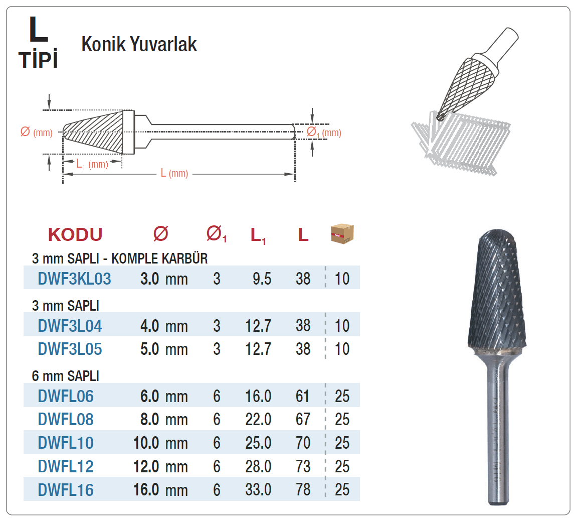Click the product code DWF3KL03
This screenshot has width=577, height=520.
pyautogui.click(x=74, y=279)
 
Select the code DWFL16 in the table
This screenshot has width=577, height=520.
pyautogui.click(x=66, y=490)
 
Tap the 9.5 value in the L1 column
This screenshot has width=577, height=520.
pyautogui.click(x=262, y=279)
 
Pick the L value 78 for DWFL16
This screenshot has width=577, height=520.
pyautogui.click(x=303, y=489)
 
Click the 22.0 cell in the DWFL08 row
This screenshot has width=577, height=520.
pyautogui.click(x=258, y=419)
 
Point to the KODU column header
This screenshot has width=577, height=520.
pyautogui.click(x=75, y=235)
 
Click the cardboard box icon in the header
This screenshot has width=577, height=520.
pyautogui.click(x=342, y=234)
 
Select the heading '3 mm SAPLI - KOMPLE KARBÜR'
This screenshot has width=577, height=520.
pyautogui.click(x=120, y=258)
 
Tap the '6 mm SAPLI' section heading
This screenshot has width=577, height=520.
pyautogui.click(x=66, y=376)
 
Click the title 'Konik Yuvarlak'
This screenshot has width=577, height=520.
pyautogui.click(x=139, y=44)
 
